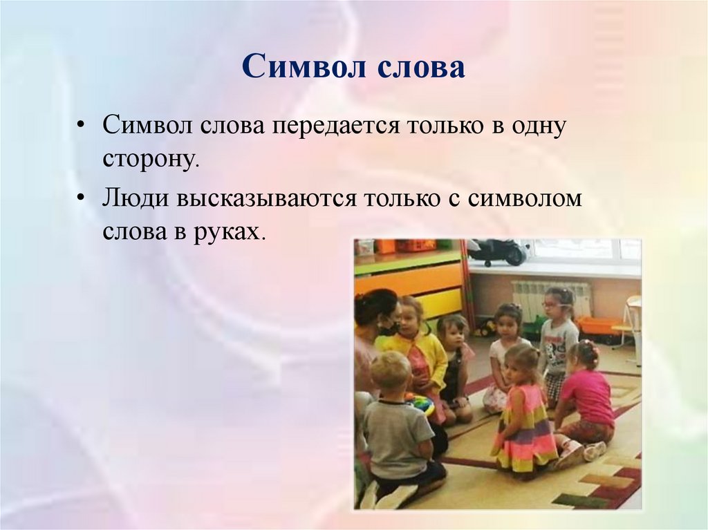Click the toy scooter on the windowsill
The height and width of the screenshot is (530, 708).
tap(496, 252)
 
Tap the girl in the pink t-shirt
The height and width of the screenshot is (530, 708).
tap(586, 397)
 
